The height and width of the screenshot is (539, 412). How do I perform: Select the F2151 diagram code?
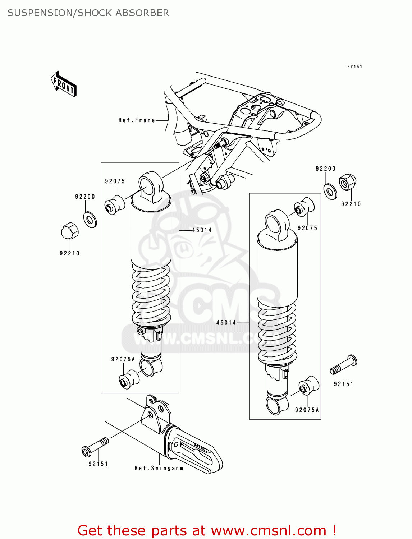coord(354,66)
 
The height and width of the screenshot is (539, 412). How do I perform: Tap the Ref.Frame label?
coord(137,120)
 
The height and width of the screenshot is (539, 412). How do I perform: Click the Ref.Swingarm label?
coord(159,468)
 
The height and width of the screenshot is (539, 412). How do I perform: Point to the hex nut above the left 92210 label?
coord(70,231)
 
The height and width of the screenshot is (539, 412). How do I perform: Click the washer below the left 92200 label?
coord(90,220)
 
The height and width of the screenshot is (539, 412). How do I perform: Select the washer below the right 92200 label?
coord(330,191)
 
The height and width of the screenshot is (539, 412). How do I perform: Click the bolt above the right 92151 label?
coord(344,365)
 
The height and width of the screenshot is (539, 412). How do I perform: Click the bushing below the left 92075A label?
coord(129,379)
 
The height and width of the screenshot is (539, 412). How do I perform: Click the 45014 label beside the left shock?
coord(202,230)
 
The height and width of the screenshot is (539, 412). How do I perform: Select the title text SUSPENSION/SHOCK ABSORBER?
coord(88,13)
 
